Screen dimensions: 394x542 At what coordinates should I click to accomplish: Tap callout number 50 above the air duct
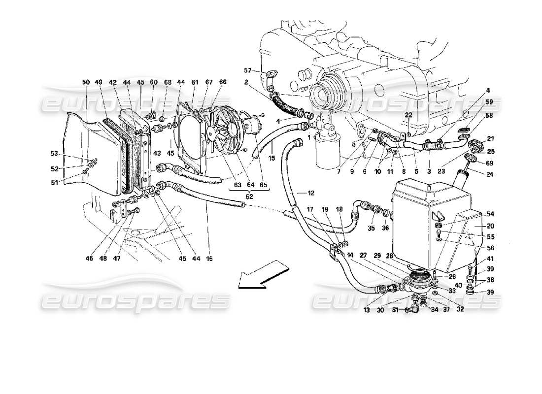coord(86,82)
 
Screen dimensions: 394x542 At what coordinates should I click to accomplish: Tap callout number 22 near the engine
coord(408,115)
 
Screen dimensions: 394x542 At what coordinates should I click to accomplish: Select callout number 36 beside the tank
coord(385,228)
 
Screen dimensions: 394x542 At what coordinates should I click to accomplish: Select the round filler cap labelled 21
coord(475,146)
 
